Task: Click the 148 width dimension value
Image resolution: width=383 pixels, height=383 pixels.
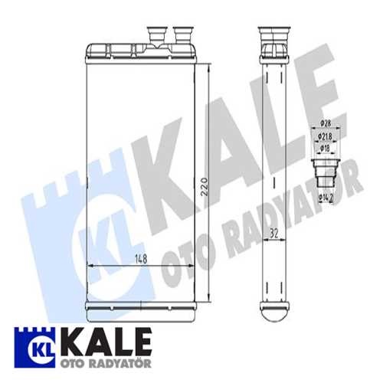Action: pos(141,259)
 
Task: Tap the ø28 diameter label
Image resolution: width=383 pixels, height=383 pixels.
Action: pos(326,123)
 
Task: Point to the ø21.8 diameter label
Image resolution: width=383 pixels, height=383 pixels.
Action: pos(325,136)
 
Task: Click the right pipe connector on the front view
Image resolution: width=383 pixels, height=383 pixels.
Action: pos(184,35)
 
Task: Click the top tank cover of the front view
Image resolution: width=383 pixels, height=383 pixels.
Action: pos(140,51)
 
